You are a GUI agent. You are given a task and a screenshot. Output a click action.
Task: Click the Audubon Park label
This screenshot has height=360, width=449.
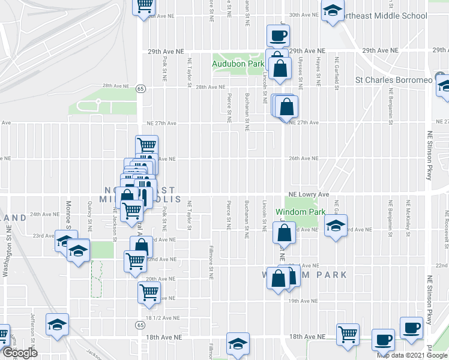coord(238,63)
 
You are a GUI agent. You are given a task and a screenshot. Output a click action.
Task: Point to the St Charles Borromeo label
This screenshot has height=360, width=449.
coord(393,79)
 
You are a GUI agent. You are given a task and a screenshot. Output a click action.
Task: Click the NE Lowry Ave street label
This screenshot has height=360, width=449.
coord(309,194)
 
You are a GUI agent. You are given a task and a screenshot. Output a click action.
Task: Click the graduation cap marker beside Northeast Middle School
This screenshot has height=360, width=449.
coord(332,11)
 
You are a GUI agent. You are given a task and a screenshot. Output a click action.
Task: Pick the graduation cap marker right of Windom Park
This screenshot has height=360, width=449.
coord(336,226)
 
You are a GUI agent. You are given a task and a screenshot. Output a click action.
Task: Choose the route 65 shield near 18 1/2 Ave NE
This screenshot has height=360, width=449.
coord(139,325)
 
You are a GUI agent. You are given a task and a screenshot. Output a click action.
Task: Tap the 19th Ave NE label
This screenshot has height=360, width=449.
coord(302,301)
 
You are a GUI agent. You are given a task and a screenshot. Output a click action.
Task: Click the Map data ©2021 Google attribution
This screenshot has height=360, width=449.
coord(412,355)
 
